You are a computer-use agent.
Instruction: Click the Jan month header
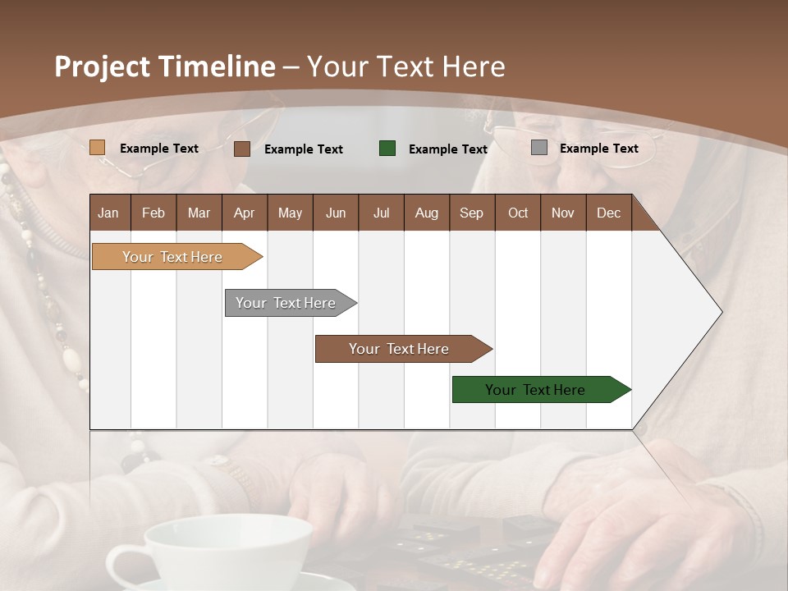pyautogui.click(x=108, y=213)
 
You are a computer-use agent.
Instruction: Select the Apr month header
pyautogui.click(x=244, y=213)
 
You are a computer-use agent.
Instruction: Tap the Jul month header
pyautogui.click(x=381, y=213)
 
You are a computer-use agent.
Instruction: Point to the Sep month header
pyautogui.click(x=471, y=213)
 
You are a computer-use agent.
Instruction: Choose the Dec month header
pyautogui.click(x=608, y=213)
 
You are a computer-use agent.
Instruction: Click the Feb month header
pyautogui.click(x=153, y=213)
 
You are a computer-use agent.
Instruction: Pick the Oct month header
pyautogui.click(x=518, y=213)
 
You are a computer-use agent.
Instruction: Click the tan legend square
pyautogui.click(x=97, y=148)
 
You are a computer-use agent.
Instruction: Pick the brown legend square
pyautogui.click(x=241, y=149)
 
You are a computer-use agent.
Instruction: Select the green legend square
pyautogui.click(x=387, y=148)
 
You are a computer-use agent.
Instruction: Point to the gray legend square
pyautogui.click(x=538, y=148)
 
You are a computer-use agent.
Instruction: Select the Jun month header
pyautogui.click(x=335, y=213)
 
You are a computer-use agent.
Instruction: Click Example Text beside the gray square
pyautogui.click(x=598, y=148)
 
